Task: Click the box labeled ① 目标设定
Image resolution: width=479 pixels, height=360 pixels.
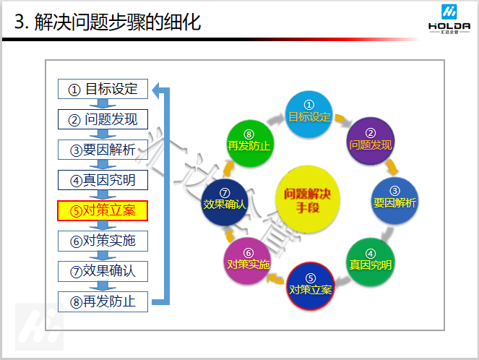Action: (x=103, y=89)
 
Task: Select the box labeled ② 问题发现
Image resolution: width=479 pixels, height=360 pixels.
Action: (x=103, y=119)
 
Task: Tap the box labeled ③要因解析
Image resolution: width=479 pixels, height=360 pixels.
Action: (x=103, y=150)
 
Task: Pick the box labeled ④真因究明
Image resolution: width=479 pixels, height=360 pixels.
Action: (x=103, y=179)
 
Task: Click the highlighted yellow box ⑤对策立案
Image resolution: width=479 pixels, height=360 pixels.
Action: (x=103, y=210)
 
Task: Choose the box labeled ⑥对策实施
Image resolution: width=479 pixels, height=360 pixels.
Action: (x=103, y=240)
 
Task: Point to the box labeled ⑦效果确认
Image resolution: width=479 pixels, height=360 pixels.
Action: (x=103, y=270)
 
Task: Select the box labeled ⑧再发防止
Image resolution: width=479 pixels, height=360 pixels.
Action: (x=103, y=301)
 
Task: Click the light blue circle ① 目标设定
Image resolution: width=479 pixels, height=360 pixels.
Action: (x=308, y=116)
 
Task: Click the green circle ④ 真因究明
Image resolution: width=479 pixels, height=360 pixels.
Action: (x=370, y=262)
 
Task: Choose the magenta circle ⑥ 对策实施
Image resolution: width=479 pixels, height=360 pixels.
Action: (x=248, y=260)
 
